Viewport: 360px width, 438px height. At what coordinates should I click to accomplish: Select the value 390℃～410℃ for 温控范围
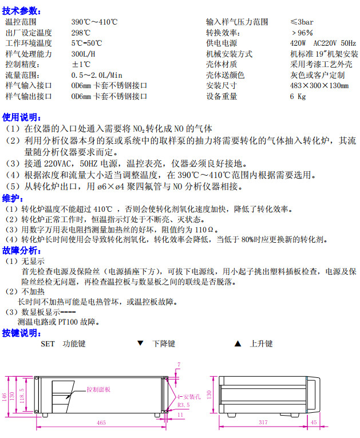coord(94,22)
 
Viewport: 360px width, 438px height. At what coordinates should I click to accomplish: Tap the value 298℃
coord(81,33)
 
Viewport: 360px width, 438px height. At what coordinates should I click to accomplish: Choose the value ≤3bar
coord(301,22)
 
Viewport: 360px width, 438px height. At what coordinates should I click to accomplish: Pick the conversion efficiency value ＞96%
coord(302,33)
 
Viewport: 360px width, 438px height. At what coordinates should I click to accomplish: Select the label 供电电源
coord(221,43)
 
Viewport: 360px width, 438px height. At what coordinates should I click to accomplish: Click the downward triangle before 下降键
coord(140,344)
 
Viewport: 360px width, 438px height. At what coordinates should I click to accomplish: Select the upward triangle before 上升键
coord(238,344)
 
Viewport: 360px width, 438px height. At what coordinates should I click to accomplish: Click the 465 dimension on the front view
coord(101,423)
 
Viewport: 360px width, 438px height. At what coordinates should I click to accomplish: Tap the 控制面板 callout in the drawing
coord(98,389)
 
